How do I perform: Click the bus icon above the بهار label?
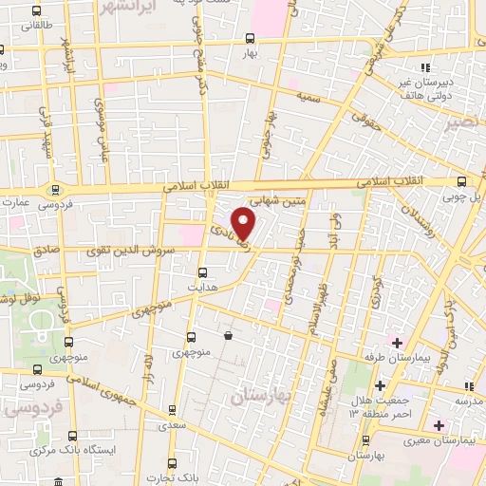(250, 39)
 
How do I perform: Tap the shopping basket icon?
(228, 335)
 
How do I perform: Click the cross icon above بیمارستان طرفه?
(397, 342)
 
